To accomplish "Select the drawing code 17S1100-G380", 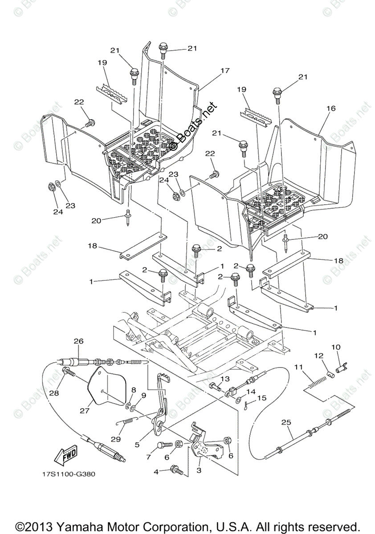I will [65, 474].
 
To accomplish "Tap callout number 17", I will [224, 70].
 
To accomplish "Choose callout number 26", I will [78, 342].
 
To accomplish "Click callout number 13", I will [224, 379].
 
